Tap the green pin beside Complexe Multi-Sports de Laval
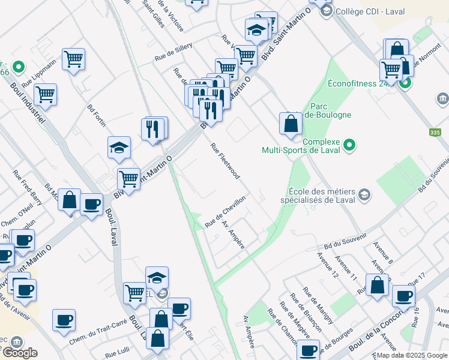[x=349, y=145]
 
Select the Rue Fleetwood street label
[x=225, y=161]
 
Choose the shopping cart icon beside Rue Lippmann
[x=74, y=59]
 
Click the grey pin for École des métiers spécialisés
[x=364, y=194]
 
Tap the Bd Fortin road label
[x=96, y=116]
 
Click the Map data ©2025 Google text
[x=412, y=355]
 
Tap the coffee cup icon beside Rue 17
[x=403, y=295]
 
